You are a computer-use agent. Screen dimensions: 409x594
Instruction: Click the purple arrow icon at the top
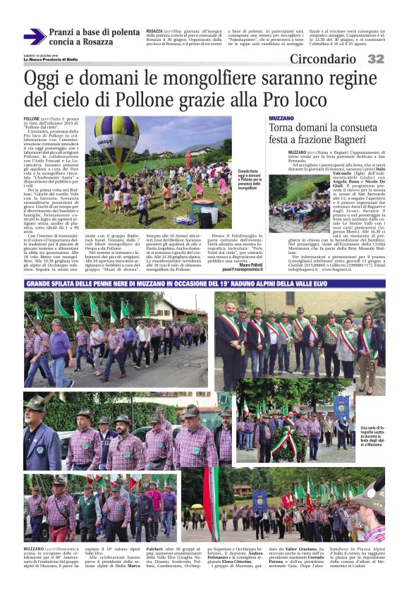tap(34, 37)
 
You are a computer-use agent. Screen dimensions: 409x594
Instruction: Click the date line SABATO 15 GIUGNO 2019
tap(44, 54)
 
